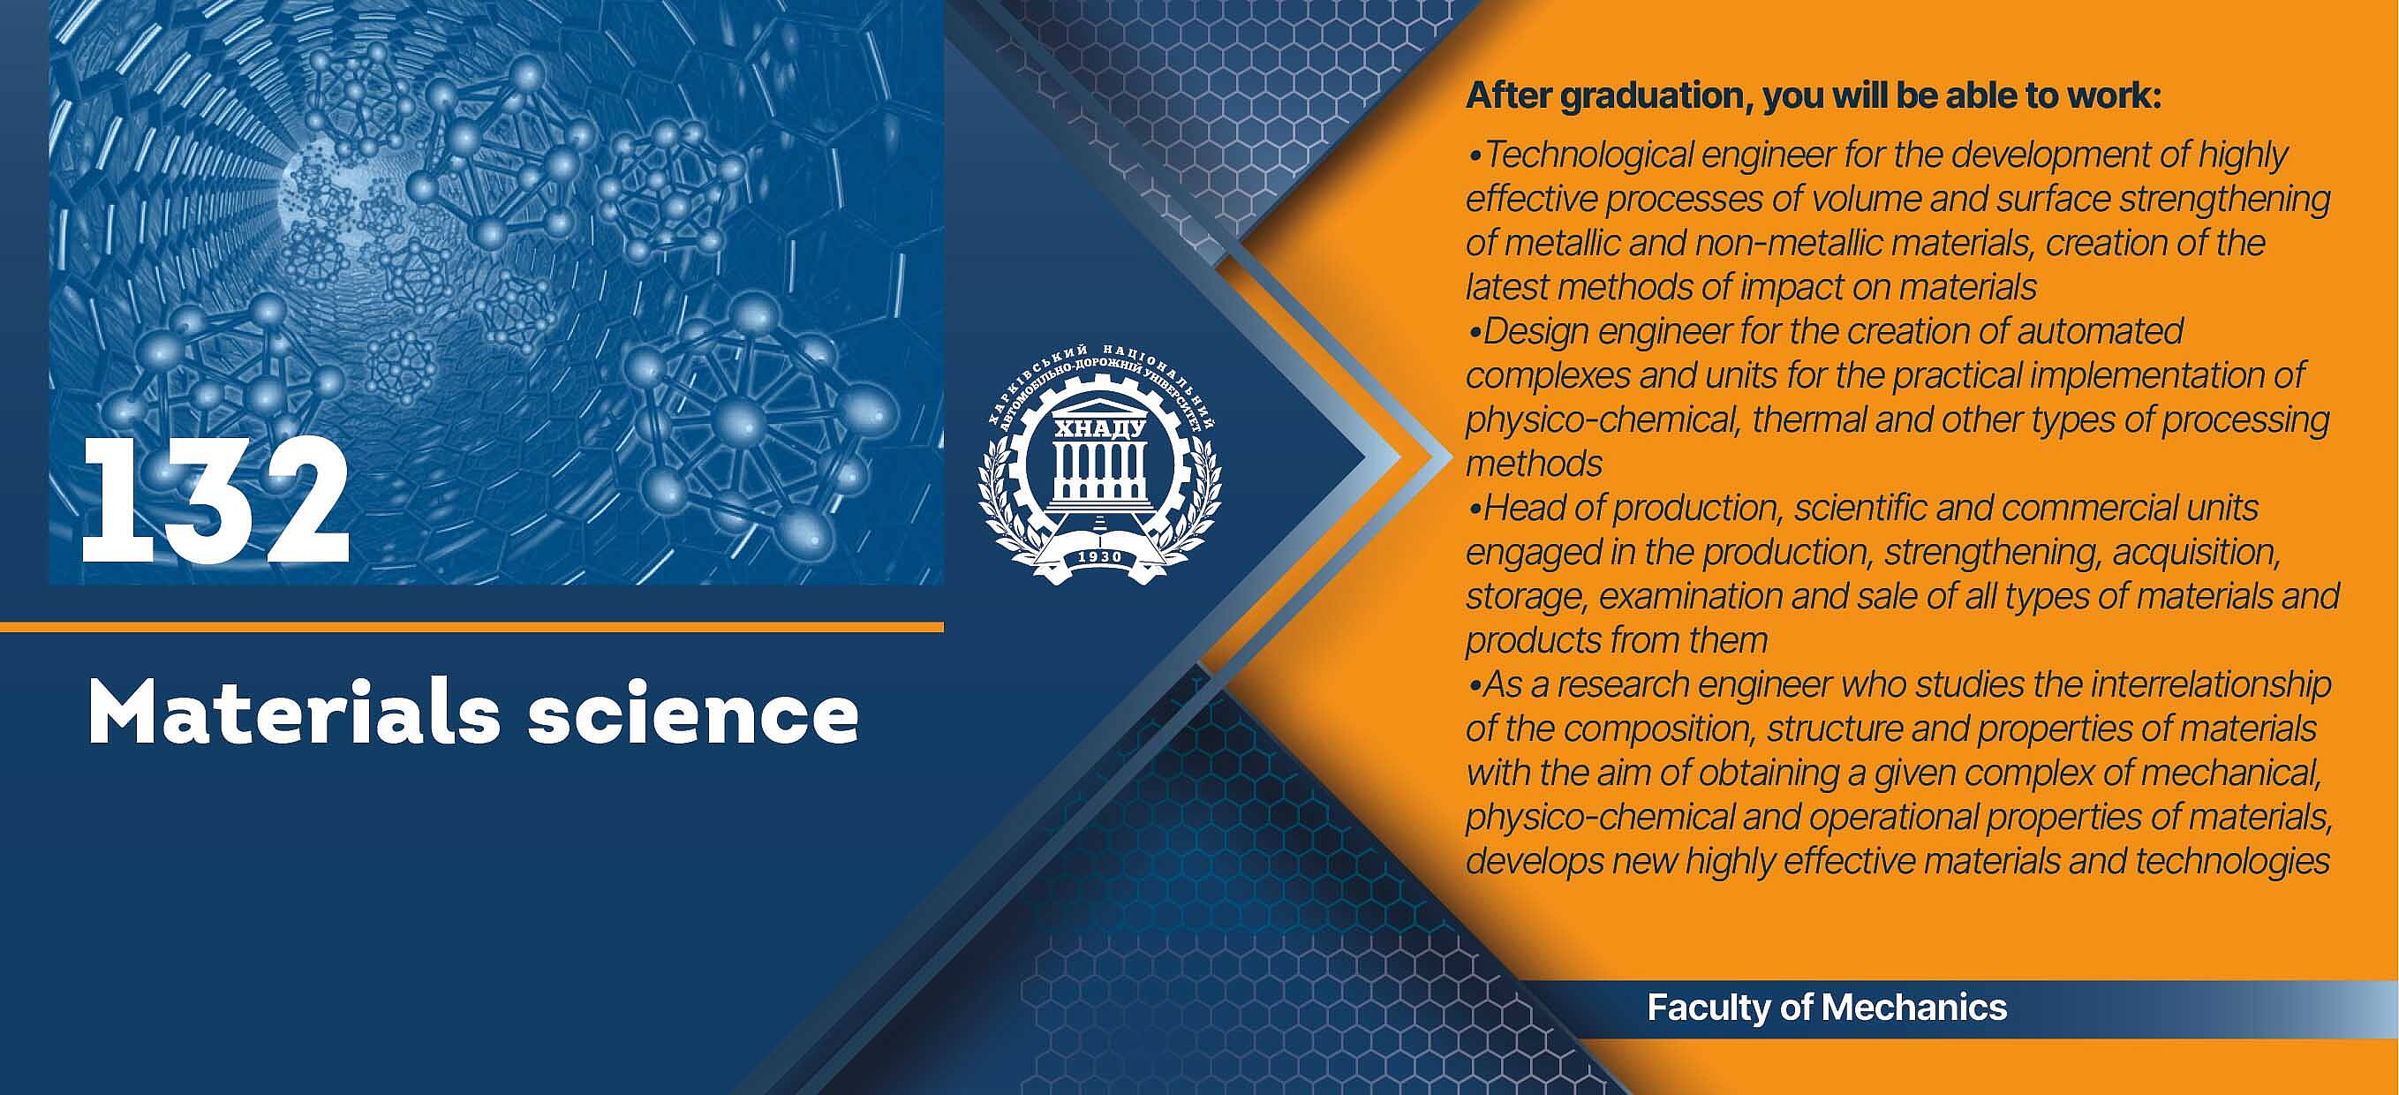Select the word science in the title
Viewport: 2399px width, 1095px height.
(694, 714)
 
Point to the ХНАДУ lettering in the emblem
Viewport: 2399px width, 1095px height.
(1099, 429)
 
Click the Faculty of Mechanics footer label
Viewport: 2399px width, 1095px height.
(1826, 1008)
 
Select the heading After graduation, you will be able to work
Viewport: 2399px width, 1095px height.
(1814, 96)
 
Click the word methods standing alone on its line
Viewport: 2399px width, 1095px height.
(1534, 464)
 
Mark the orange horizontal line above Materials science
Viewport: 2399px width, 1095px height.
(472, 627)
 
